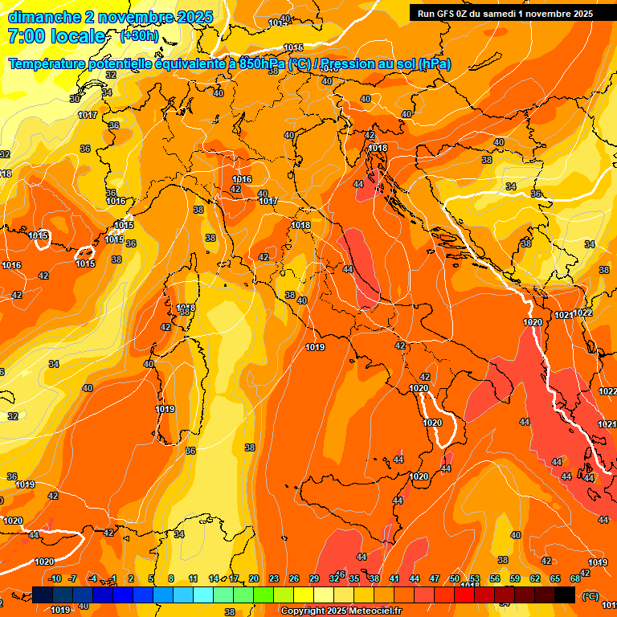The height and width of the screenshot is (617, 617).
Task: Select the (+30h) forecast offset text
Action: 138,36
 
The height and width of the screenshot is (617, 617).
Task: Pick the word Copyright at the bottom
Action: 304,611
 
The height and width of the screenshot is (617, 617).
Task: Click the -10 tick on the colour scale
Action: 55,578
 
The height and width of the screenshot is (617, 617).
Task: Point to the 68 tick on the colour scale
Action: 575,578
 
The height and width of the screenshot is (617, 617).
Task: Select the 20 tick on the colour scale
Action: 254,578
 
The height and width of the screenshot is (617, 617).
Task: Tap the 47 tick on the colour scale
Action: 435,578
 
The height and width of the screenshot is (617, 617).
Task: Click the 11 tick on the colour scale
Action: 193,578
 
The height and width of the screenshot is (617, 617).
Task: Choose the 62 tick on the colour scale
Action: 535,578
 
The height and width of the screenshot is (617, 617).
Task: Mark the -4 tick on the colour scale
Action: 92,578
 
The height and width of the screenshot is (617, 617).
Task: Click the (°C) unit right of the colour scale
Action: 590,595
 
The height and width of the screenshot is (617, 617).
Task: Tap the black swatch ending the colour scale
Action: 565,595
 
